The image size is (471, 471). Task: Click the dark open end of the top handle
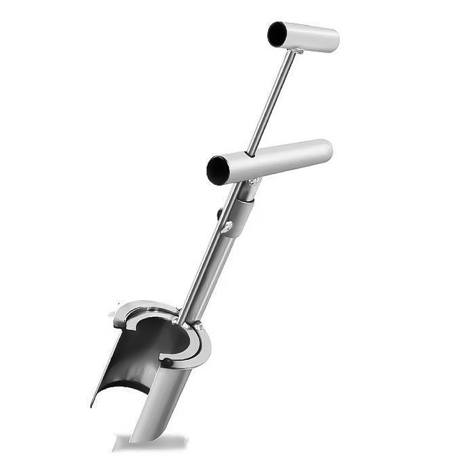point(277,34)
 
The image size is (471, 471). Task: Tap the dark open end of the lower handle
point(218,170)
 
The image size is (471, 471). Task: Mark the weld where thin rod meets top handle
point(295,50)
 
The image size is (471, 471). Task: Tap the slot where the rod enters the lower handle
point(251,154)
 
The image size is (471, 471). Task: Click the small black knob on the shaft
point(220,214)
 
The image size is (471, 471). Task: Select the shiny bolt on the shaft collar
point(228,227)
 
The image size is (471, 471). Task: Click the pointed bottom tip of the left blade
point(93,405)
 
